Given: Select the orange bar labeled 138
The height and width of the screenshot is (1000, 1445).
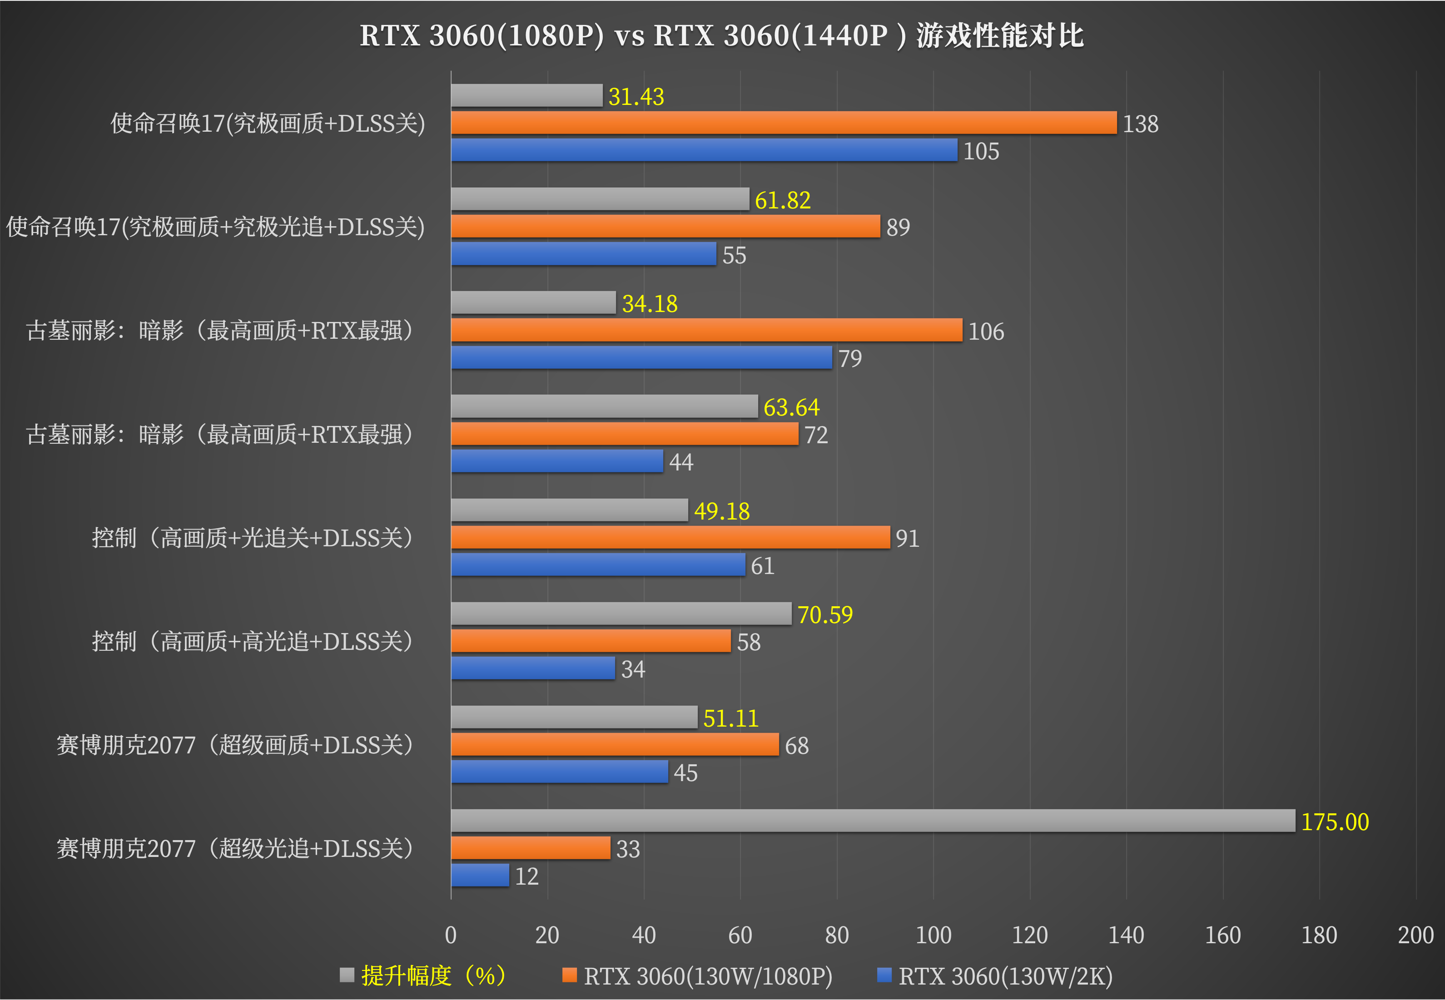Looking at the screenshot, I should click(x=783, y=123).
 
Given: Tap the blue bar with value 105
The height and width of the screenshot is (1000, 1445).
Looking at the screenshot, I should click(x=704, y=150).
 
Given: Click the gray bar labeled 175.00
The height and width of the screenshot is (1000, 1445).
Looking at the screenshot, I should click(x=872, y=821).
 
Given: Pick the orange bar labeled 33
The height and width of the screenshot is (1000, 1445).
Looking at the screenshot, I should click(x=530, y=848).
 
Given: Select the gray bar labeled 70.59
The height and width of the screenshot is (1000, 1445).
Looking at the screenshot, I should click(x=621, y=614).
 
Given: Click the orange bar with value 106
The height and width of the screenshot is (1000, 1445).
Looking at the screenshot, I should click(x=706, y=330).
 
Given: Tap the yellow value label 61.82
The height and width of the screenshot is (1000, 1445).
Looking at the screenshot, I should click(x=783, y=201).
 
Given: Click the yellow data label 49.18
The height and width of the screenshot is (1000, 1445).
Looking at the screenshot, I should click(x=721, y=511).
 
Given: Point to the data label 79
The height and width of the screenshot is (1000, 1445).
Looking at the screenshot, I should click(x=850, y=358).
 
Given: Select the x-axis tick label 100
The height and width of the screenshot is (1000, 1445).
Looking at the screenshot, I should click(x=933, y=935).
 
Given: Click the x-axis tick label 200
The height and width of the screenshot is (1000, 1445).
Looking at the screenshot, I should click(x=1415, y=935).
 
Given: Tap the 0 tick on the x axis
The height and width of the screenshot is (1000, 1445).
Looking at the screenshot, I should click(x=451, y=935).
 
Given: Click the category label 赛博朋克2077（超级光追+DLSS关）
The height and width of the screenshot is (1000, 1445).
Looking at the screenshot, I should click(x=234, y=848).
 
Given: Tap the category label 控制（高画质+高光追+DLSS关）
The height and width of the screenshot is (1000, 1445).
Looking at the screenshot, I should click(x=252, y=641).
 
